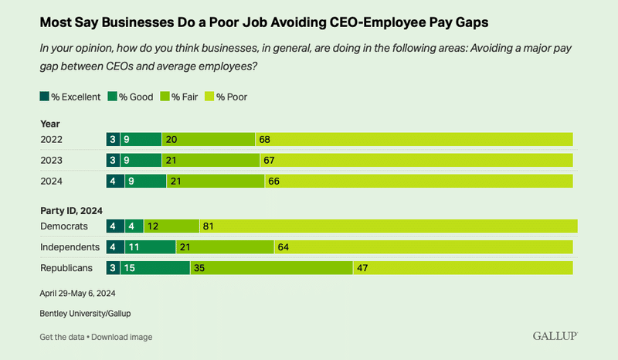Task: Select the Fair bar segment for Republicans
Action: coord(271,267)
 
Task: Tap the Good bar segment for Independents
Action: coord(148,247)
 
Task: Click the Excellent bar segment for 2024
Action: coord(113,181)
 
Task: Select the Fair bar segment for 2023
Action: coord(211,160)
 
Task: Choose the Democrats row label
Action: coord(63,226)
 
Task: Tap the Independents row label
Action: coord(70,247)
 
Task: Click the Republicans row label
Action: coord(66,267)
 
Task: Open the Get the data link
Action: coord(62,337)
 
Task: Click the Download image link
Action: coord(121,337)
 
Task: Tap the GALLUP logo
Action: coord(555,336)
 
